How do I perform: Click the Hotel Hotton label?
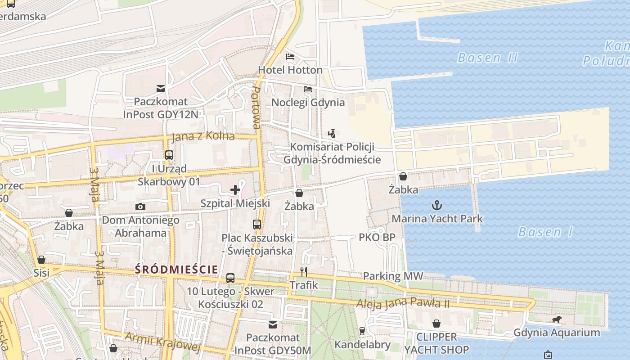[x=290, y=70]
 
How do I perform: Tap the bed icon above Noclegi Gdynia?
[x=308, y=89]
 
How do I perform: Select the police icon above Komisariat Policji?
[x=332, y=133]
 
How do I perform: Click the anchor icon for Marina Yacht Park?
[x=437, y=206]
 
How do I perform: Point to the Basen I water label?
[x=545, y=232]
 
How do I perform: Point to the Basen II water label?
[x=487, y=58]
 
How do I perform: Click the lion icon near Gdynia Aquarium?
[x=557, y=319]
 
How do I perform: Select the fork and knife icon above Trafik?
[x=304, y=271]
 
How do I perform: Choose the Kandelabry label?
[x=362, y=345]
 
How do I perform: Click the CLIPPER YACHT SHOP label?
[x=436, y=343]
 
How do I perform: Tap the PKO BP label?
[x=377, y=237]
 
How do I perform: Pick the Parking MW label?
[x=393, y=276]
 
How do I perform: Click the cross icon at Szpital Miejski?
[x=235, y=190]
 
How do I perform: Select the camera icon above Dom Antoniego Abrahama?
[x=140, y=207]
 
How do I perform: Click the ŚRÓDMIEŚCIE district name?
[x=176, y=270]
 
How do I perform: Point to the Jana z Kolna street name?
[x=203, y=136]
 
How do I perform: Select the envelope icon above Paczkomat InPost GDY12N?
[x=161, y=88]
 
